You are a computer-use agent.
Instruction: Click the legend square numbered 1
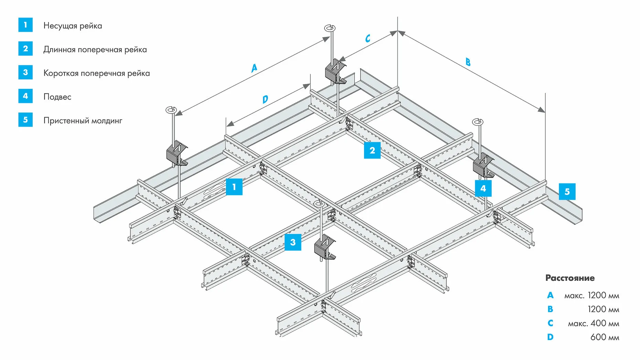[x=25, y=25]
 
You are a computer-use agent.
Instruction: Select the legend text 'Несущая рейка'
[x=73, y=26]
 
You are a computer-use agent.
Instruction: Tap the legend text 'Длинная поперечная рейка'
[x=95, y=50]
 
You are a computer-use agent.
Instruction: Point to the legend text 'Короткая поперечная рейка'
[x=96, y=73]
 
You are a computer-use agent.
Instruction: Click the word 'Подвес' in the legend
[x=57, y=97]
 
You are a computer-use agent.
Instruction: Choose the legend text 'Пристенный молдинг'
[x=83, y=121]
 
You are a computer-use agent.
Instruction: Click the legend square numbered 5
[x=25, y=120]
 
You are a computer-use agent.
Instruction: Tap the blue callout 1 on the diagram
[x=234, y=187]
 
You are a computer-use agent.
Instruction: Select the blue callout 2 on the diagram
[x=372, y=150]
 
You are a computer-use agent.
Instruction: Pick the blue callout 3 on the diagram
[x=293, y=242]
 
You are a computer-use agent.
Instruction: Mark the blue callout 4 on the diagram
[x=483, y=188]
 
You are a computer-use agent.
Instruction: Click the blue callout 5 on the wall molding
[x=567, y=192]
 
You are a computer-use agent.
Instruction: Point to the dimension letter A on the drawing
[x=254, y=68]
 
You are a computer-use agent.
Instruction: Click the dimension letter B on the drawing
[x=468, y=62]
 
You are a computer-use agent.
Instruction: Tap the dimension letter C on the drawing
[x=368, y=38]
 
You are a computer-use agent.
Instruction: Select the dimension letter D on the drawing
[x=265, y=99]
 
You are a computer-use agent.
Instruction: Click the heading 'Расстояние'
[x=570, y=278]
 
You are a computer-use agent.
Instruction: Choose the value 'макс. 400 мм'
[x=593, y=324]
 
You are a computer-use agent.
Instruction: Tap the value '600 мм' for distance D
[x=605, y=337]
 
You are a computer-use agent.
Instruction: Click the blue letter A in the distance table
[x=550, y=295]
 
